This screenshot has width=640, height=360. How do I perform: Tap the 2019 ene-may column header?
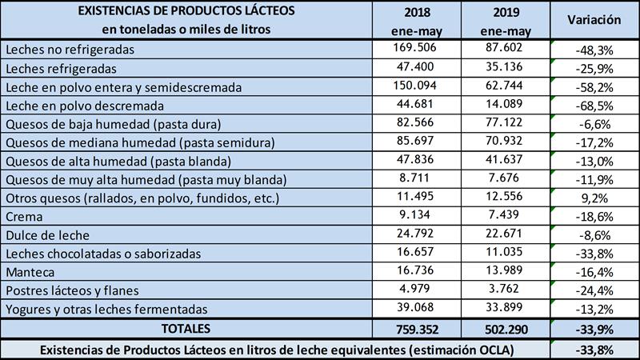pyautogui.click(x=505, y=21)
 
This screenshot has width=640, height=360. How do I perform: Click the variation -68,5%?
pyautogui.click(x=594, y=106)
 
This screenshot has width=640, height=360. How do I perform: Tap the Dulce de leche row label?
pyautogui.click(x=43, y=235)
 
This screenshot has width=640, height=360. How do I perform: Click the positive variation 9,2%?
pyautogui.click(x=594, y=198)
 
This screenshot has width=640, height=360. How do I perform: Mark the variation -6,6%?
pyautogui.click(x=594, y=124)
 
